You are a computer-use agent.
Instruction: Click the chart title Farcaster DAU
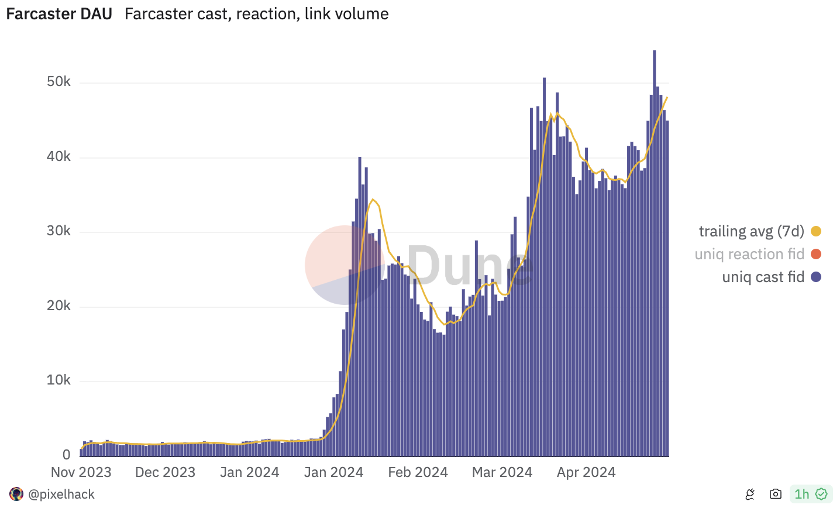click(59, 14)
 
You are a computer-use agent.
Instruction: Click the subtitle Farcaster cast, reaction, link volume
click(256, 14)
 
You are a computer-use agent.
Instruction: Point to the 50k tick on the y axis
click(58, 82)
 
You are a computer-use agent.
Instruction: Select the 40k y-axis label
click(58, 157)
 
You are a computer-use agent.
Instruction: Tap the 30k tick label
click(58, 231)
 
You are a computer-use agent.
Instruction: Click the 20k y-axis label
click(58, 306)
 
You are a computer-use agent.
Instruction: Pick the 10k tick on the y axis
click(58, 380)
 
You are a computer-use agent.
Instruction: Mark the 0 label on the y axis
click(66, 455)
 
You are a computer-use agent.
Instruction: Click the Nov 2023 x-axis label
click(81, 472)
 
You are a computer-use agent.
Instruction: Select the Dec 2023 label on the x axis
click(165, 472)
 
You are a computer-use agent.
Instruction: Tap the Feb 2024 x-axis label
click(418, 472)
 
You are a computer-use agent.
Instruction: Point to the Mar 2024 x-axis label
click(502, 472)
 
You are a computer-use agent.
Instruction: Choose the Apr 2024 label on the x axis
click(586, 472)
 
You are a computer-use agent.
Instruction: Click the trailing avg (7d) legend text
click(751, 231)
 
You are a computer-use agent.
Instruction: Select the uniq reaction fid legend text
click(749, 254)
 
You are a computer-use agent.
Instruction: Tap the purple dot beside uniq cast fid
click(816, 277)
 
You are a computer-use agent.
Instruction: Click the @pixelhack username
click(61, 495)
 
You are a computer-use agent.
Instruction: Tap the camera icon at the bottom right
click(776, 495)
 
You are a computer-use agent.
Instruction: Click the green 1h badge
click(810, 495)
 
